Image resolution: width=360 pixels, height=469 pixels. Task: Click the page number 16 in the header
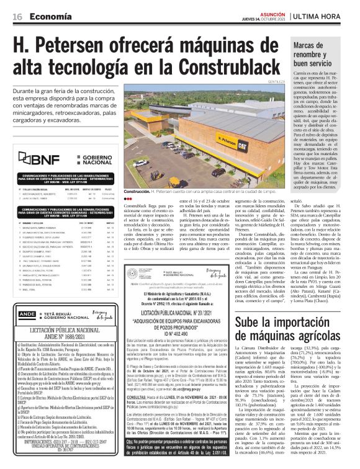click(x=17, y=17)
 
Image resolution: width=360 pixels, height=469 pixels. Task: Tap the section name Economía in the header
click(x=48, y=17)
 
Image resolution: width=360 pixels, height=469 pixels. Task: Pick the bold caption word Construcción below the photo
click(x=137, y=192)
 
